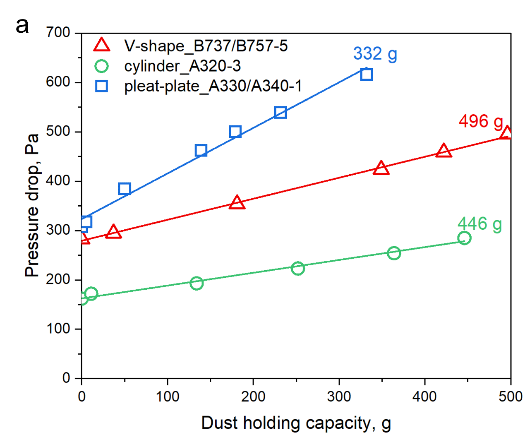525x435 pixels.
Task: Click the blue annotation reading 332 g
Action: [x=375, y=54]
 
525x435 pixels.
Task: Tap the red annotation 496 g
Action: [x=480, y=121]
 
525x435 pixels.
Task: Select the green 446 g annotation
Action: [x=479, y=224]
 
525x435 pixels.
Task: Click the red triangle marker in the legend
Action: [x=102, y=45]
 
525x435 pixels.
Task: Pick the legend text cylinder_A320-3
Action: [x=182, y=66]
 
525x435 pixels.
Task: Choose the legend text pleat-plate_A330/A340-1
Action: [x=213, y=86]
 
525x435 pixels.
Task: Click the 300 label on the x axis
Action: [x=339, y=397]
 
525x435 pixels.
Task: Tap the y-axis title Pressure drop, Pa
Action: [x=32, y=205]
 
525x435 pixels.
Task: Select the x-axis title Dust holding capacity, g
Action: [x=296, y=423]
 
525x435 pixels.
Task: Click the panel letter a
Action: [x=22, y=26]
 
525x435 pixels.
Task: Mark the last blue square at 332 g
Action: [x=366, y=75]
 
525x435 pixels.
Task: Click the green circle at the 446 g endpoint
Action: [x=464, y=238]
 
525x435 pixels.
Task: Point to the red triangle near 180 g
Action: [x=237, y=202]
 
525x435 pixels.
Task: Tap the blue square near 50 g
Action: [x=125, y=189]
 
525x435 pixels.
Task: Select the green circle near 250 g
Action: [x=297, y=269]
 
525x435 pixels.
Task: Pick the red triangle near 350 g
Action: [x=381, y=168]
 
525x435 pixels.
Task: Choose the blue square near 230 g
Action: [x=280, y=112]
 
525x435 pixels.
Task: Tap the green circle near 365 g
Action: [x=394, y=253]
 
